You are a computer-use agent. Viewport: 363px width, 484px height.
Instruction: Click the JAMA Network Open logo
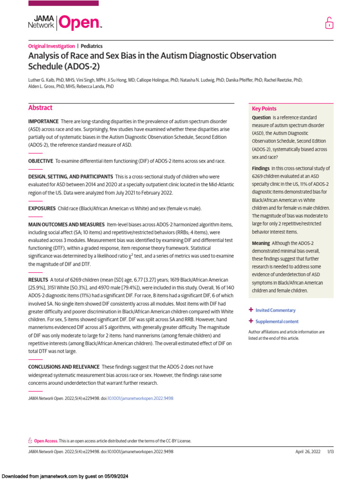65,22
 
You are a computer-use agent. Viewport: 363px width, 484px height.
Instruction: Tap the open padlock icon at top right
329,23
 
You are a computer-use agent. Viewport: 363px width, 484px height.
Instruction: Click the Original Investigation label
52,46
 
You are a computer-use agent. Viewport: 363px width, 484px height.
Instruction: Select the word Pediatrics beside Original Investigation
92,46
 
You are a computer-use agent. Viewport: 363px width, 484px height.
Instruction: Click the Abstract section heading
40,108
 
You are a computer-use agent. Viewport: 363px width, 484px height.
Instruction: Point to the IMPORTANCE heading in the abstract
43,121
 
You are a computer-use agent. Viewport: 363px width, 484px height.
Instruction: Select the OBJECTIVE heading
41,161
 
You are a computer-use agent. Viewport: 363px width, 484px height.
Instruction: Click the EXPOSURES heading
42,208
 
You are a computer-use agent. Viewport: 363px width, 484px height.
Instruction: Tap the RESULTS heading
38,280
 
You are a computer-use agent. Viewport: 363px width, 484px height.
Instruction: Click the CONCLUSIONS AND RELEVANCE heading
64,367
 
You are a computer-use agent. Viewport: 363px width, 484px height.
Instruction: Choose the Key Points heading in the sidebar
264,109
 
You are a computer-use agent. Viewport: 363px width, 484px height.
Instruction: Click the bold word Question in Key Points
261,117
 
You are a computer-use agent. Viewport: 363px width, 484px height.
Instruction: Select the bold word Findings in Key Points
260,168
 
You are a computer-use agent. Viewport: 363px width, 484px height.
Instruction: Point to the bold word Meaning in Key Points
261,243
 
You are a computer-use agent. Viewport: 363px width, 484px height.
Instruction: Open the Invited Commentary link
276,311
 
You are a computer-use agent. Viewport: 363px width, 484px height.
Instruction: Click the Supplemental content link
277,321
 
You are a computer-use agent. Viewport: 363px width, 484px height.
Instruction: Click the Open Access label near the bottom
46,441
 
